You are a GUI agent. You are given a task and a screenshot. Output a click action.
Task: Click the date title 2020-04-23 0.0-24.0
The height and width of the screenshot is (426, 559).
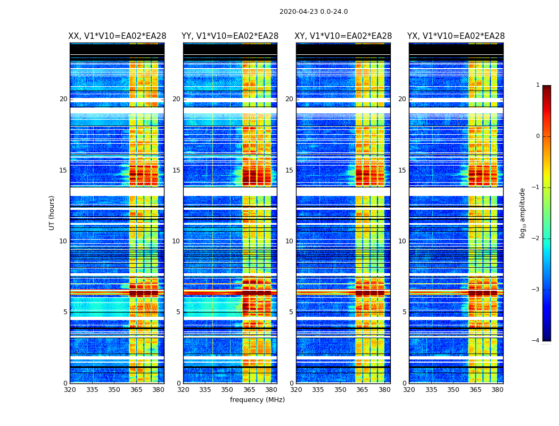314,12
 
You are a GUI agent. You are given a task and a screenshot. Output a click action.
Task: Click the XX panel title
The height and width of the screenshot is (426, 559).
117,36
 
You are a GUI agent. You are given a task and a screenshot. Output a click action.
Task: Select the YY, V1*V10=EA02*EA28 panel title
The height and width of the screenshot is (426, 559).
230,36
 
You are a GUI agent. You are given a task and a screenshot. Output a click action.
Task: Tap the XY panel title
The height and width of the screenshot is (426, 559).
343,36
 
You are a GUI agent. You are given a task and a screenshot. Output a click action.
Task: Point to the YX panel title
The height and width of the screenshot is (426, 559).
456,36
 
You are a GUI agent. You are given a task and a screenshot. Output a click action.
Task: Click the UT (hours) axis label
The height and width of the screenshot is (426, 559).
52,212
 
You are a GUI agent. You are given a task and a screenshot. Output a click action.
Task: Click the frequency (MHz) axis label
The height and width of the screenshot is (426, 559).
257,400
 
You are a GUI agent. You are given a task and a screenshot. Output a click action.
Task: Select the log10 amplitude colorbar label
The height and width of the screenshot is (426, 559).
523,212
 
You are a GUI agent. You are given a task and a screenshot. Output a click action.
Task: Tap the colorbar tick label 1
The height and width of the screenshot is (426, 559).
538,85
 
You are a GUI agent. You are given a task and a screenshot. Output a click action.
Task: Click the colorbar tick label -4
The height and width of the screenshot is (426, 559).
536,341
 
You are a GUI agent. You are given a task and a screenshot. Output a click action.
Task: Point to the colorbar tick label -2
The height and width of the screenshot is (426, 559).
536,239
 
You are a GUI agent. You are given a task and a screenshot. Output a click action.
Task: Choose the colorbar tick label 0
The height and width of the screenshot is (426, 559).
538,136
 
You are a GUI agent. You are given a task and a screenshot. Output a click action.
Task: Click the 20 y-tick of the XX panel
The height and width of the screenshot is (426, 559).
63,99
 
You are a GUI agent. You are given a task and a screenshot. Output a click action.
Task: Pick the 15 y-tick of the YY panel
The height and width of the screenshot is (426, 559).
176,170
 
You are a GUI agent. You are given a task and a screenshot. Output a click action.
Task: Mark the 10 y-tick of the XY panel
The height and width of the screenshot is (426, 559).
289,241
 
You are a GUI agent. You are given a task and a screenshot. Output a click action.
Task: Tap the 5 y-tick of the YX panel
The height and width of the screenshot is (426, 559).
404,312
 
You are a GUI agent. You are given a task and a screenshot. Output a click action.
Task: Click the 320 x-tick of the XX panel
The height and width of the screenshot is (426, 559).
70,390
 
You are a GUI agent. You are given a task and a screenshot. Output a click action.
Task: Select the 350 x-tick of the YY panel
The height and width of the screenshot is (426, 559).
227,390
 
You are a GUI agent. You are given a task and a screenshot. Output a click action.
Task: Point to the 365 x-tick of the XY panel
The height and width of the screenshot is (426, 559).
362,390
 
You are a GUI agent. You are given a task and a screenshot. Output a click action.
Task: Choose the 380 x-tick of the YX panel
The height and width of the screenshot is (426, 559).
497,390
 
